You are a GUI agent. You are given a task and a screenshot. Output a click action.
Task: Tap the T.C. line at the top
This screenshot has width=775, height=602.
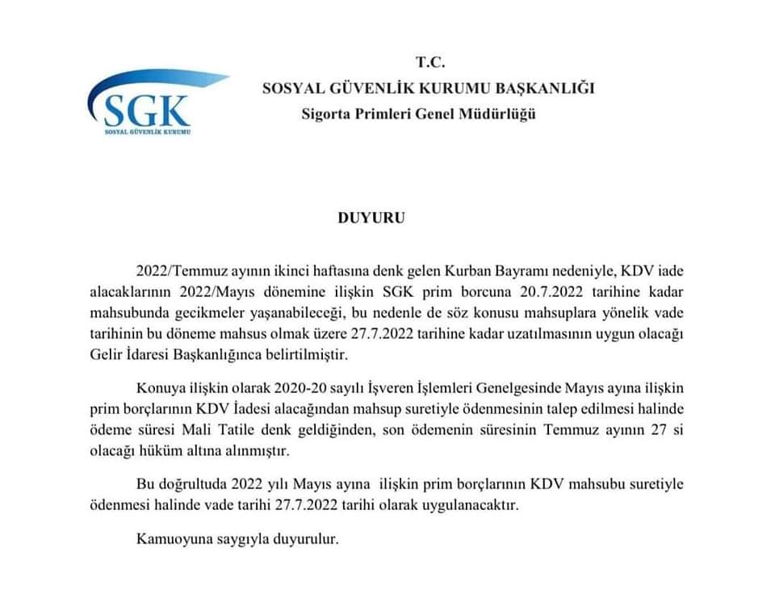pyautogui.click(x=430, y=62)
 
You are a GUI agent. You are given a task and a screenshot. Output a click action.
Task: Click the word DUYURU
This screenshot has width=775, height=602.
pyautogui.click(x=371, y=217)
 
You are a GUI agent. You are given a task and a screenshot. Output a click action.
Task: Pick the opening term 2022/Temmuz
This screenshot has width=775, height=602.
pyautogui.click(x=176, y=270)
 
